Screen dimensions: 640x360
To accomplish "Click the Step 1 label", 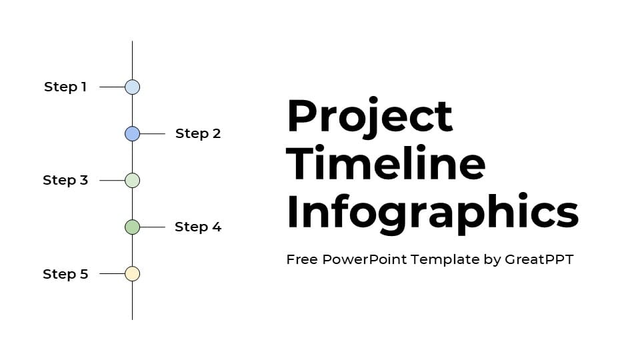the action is tap(65, 87).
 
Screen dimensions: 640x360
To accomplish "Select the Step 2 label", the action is tap(198, 133).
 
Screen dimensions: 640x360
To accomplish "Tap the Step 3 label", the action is tap(65, 180).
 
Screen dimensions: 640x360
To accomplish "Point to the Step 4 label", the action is tap(198, 227).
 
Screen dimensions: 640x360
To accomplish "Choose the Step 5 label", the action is tap(65, 274).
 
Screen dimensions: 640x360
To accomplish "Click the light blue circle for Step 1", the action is tap(132, 87).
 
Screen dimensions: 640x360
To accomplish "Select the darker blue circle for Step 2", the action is tap(132, 133).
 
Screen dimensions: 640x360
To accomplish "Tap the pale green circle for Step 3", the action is tap(132, 180).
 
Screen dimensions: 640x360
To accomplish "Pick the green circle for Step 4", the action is tap(132, 227).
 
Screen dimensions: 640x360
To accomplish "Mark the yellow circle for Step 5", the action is tap(132, 273).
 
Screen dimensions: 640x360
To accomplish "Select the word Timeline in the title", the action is tap(386, 163).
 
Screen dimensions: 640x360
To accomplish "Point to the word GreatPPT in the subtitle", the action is tap(539, 259).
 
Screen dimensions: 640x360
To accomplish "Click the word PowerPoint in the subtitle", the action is tap(365, 259).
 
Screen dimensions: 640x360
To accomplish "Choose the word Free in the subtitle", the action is tap(302, 259).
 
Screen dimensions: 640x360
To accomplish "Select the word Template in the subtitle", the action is tap(445, 260).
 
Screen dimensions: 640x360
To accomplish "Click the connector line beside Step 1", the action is tap(112, 87).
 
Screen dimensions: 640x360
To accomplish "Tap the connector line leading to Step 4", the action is tap(153, 227).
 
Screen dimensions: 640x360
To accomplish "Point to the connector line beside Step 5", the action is tap(112, 273).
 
